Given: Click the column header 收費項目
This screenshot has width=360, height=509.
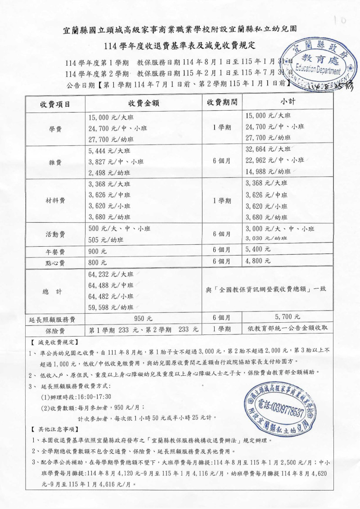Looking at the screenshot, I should click(55, 104).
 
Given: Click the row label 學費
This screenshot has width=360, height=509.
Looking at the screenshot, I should click(55, 128).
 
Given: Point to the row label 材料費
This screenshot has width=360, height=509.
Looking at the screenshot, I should click(55, 201).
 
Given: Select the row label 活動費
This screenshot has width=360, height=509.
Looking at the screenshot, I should click(55, 234).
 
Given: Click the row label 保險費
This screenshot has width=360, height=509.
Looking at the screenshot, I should click(55, 330).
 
